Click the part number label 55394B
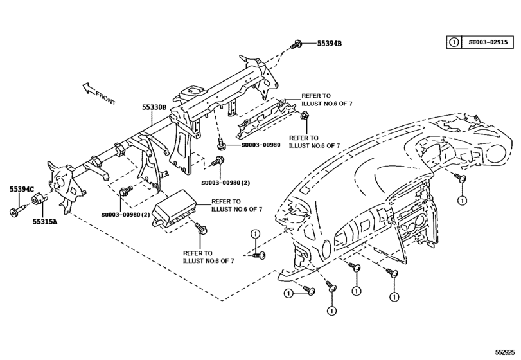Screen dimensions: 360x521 [330, 44]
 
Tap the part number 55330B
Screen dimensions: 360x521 [154, 109]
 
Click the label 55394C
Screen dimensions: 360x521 [22, 189]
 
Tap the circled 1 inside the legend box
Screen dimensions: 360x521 [454, 42]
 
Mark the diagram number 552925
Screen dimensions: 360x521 [506, 353]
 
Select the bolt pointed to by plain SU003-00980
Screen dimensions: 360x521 [221, 144]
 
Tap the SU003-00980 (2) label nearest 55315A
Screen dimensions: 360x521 [125, 214]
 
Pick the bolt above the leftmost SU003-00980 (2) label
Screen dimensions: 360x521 [125, 191]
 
